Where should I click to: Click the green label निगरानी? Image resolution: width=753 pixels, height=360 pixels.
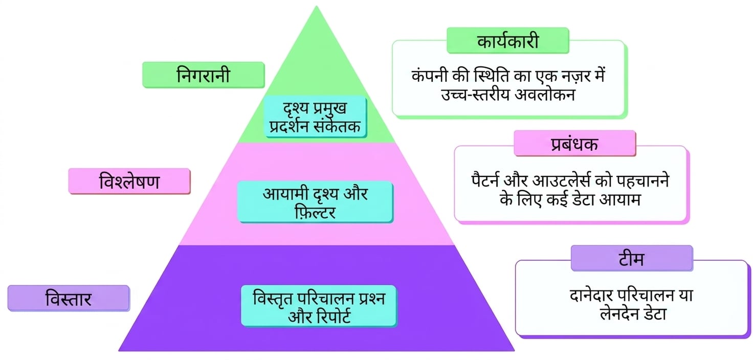click(x=204, y=75)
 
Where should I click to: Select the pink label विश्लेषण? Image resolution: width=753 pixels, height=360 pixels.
click(x=129, y=181)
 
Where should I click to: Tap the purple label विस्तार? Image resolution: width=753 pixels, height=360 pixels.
click(x=69, y=298)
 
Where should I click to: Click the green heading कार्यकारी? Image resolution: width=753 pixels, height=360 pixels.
click(x=507, y=40)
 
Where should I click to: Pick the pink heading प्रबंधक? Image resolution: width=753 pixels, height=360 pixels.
click(x=575, y=144)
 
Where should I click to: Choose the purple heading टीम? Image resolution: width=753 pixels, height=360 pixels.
click(x=632, y=258)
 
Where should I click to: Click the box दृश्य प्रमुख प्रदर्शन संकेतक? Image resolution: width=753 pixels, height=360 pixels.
click(x=315, y=117)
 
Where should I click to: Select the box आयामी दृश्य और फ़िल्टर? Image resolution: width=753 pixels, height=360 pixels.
click(x=315, y=201)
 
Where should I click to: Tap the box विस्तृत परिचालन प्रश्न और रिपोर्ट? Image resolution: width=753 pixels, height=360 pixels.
click(x=319, y=306)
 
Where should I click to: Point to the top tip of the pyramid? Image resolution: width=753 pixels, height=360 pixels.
click(x=316, y=6)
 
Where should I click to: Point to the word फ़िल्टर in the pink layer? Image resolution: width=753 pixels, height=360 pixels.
click(x=315, y=212)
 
